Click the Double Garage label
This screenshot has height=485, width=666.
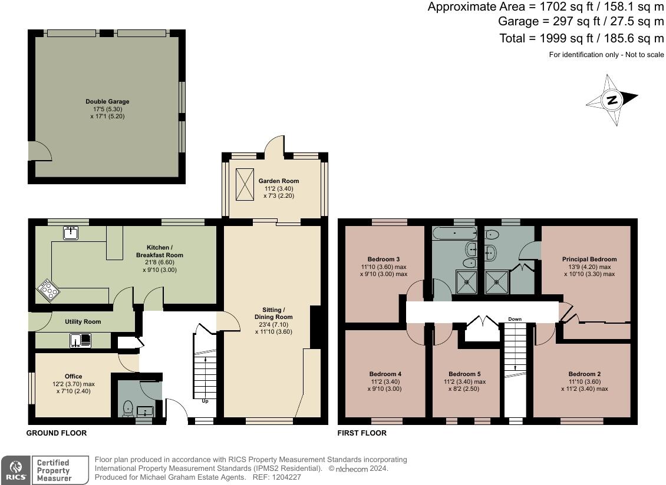pos(107,101)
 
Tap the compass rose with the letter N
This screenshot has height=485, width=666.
pos(612,100)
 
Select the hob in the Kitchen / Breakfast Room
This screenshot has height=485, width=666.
pos(48,291)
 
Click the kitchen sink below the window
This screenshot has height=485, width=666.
pos(71,233)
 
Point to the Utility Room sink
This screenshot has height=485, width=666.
pos(81,340)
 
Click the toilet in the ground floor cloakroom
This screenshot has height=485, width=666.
pos(128,409)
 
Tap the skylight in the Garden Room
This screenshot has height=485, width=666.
pos(245,184)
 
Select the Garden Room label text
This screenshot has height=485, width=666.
pos(279,181)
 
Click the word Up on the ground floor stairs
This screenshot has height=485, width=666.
pos(205,401)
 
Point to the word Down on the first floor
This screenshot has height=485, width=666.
pos(515,319)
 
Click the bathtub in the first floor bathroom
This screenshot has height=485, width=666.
pos(454,232)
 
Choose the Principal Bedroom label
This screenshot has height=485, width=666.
pos(589,259)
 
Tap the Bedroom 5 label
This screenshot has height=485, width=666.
pos(464,374)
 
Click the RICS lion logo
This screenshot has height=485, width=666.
pos(16,469)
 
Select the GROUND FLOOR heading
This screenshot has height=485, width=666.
pos(57,433)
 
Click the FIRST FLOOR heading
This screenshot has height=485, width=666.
pos(362,433)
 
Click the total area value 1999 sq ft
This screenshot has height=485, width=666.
pos(566,38)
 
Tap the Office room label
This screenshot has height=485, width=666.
pos(74,376)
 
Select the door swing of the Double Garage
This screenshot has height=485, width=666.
pos(40,151)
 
